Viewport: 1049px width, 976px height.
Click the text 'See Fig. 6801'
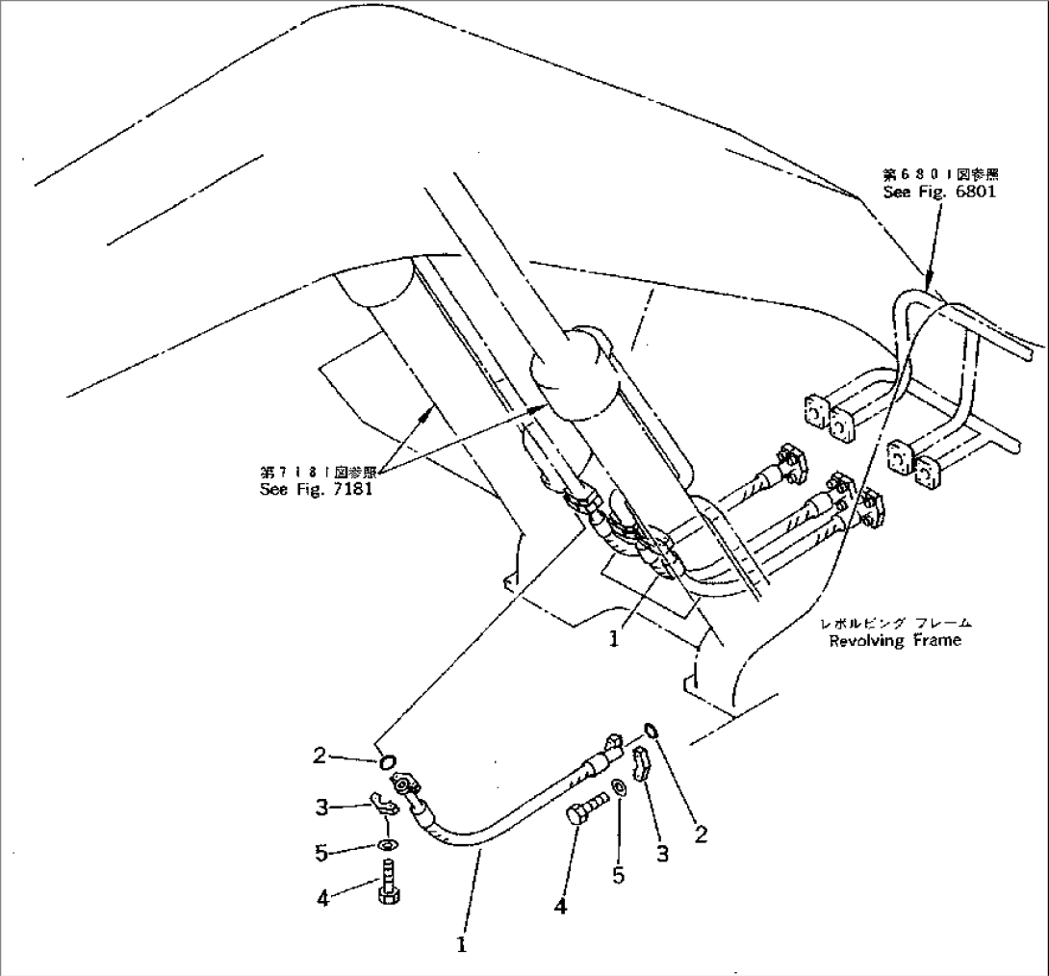tap(939, 192)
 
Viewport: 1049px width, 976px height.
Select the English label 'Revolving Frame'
tap(894, 641)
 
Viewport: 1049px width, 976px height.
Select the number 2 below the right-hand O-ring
tap(701, 835)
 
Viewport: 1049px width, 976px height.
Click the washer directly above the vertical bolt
tap(385, 846)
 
